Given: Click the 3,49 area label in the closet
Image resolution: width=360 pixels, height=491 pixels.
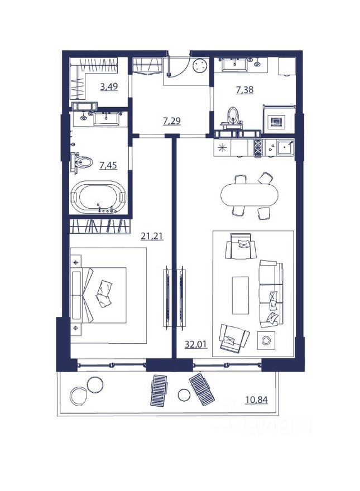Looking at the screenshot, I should tap(108, 86).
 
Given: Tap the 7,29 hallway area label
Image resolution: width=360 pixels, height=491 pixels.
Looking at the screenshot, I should tap(171, 121).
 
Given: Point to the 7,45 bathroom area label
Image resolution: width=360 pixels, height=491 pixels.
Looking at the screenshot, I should tap(108, 165).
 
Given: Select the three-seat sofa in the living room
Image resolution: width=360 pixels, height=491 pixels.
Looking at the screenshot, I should tap(271, 293).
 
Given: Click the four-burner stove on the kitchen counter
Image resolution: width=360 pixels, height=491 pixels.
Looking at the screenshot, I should tap(258, 148).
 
